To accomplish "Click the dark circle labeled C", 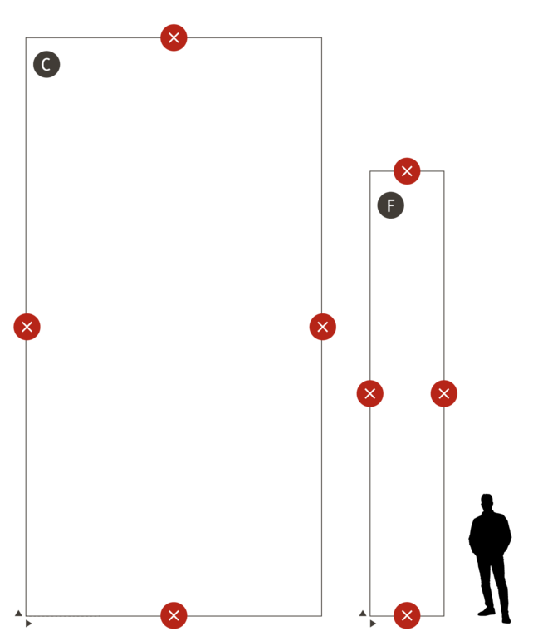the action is click(x=46, y=64).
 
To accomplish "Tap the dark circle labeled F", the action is click(x=391, y=205).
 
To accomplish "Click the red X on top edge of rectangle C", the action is click(x=174, y=37).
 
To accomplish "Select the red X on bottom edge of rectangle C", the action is click(x=174, y=615).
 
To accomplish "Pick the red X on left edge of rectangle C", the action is click(x=27, y=327).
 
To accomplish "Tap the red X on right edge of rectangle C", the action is click(x=323, y=327).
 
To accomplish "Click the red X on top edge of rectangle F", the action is click(x=407, y=171).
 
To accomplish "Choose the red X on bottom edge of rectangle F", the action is click(x=407, y=615).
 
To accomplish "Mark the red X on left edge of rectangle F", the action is click(x=369, y=393).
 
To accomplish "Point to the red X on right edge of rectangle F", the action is click(x=444, y=393).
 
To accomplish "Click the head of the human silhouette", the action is click(x=487, y=502).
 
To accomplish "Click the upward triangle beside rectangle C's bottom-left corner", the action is click(x=18, y=613).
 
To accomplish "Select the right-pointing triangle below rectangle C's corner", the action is click(x=28, y=624).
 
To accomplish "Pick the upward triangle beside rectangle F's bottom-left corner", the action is click(x=363, y=613).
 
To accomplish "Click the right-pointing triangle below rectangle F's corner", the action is click(x=373, y=624).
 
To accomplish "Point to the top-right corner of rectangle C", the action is click(x=321, y=37).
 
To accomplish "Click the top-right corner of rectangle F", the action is click(x=444, y=171).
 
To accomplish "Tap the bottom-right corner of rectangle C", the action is click(x=321, y=616).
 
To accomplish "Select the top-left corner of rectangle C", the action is click(x=26, y=37).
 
